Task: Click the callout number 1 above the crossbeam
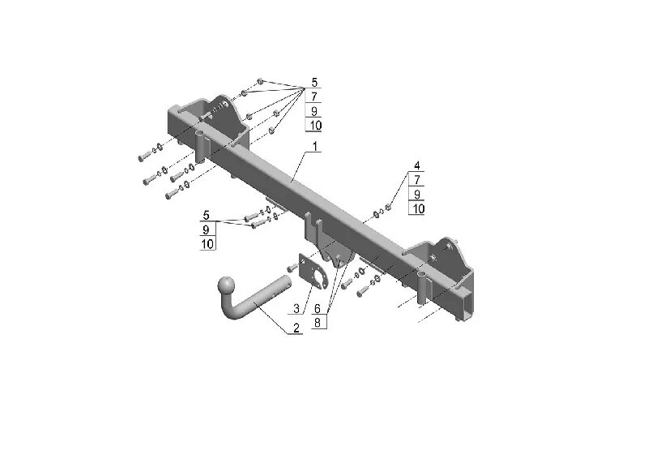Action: coord(314,146)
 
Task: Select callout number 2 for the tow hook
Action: coord(296,328)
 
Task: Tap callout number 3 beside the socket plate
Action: coord(296,308)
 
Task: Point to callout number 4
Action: coord(417,165)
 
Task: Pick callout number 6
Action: coord(317,308)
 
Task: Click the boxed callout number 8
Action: coord(317,322)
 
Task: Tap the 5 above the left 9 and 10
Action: coord(207,215)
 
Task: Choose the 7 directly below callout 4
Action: coord(417,179)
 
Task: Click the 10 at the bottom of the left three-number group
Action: coord(207,243)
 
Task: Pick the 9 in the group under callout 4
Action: coord(417,194)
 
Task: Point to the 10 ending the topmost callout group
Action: coord(314,125)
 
